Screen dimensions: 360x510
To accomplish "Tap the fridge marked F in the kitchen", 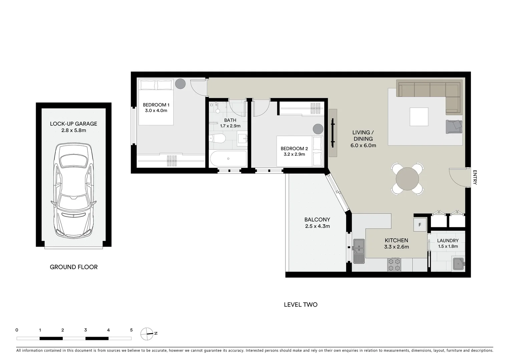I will [x=420, y=225].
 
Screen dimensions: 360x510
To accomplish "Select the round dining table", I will [x=407, y=179].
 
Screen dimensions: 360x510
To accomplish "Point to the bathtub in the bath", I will [x=228, y=159].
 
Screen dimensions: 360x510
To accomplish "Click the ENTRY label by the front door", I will [x=475, y=177].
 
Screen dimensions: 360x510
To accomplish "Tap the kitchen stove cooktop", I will [x=394, y=265].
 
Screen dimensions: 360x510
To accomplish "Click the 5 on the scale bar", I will [x=131, y=330].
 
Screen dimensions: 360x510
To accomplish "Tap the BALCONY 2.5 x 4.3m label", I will [x=317, y=223].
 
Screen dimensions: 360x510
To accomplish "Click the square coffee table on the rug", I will [x=419, y=117].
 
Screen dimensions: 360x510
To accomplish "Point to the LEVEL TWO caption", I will [x=301, y=304].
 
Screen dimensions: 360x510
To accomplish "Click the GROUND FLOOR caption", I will [x=74, y=267].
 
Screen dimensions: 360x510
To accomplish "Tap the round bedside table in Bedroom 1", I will [x=180, y=83].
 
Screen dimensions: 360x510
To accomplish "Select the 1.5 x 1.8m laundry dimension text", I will [x=448, y=246].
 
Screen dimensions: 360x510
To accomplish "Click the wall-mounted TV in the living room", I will [x=333, y=133].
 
